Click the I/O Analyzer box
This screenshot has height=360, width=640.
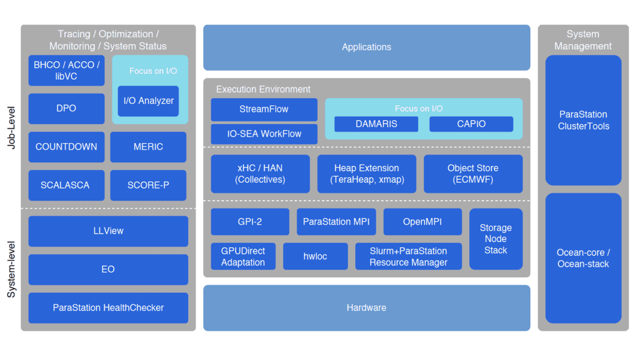[x=148, y=101]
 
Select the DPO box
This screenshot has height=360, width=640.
[x=66, y=108]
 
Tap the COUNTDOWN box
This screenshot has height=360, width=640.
[x=66, y=147]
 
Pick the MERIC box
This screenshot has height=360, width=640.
[x=148, y=147]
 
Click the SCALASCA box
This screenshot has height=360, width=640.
[x=66, y=185]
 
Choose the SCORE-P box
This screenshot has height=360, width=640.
[x=148, y=185]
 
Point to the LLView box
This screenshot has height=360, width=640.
[x=108, y=231]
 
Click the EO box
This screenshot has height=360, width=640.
[x=108, y=269]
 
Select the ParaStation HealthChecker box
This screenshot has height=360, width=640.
[x=108, y=307]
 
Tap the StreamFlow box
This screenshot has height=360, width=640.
[x=264, y=109]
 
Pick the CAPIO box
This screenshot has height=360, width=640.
[x=471, y=124]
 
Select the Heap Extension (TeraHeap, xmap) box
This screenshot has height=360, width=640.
[x=366, y=174]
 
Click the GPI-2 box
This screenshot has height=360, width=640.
[x=249, y=222]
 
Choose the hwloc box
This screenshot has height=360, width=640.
[x=315, y=256]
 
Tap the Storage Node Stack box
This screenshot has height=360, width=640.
[x=496, y=238]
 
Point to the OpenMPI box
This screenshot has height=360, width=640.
[x=422, y=222]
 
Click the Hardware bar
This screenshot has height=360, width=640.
[x=366, y=307]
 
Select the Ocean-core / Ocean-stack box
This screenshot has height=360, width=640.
[x=583, y=258]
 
